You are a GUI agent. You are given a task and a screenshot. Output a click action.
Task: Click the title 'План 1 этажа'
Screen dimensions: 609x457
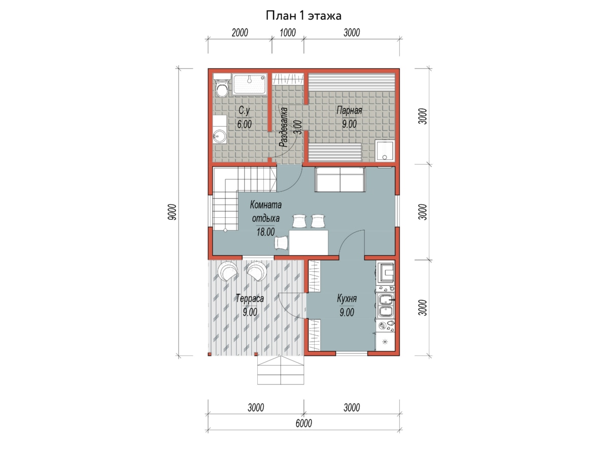pos(303,16)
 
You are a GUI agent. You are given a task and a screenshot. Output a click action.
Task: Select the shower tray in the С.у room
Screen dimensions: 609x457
pos(250,84)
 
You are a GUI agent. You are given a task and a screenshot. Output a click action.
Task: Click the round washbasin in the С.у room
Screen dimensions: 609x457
pos(220,136)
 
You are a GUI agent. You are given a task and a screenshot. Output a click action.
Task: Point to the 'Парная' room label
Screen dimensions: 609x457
pos(349,110)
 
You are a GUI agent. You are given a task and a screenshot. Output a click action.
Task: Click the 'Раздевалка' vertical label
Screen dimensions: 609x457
pos(283,127)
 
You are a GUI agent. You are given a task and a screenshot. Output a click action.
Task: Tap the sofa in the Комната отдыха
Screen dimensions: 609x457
pos(340,179)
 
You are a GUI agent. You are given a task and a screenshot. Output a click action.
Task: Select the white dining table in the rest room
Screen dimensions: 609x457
pos(309,243)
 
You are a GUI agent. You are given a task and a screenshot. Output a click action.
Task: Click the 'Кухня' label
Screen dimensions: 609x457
pos(347,299)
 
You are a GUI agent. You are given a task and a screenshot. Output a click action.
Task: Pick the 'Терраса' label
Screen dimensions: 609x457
pos(250,299)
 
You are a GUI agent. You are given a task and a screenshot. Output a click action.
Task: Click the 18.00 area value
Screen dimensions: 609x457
pos(265,232)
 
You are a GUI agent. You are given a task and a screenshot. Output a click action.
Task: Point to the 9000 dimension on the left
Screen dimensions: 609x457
pos(172,212)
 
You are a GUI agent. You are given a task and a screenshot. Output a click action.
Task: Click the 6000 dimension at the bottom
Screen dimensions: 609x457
pos(304,423)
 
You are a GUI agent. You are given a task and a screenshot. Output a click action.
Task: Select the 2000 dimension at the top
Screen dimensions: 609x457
pos(240,32)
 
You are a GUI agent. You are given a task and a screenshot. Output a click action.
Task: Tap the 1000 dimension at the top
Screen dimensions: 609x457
pos(288,32)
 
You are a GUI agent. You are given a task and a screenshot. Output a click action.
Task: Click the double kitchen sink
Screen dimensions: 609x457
pos(385,306)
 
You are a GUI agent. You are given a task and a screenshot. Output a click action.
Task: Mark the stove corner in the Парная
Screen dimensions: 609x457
pos(385,150)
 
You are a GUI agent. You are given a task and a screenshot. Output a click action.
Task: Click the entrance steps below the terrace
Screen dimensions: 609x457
pos(281,370)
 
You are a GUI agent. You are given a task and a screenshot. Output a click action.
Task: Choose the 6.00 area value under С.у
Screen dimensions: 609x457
pos(244,124)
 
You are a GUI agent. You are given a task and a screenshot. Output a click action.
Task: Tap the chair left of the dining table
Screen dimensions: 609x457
pos(281,243)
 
